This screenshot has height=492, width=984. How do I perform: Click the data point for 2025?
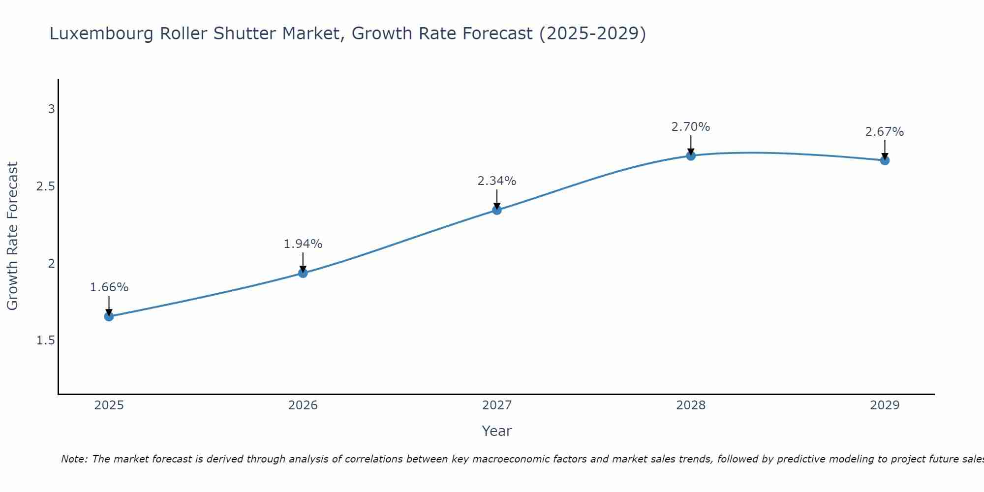(109, 316)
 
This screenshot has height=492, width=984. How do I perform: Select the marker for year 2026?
(303, 273)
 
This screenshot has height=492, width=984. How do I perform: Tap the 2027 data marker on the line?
(497, 210)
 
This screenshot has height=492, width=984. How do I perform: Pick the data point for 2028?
(691, 156)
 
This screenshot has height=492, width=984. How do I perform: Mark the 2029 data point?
(885, 160)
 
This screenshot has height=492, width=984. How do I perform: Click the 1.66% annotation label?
(109, 287)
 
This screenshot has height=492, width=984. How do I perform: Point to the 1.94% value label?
(303, 244)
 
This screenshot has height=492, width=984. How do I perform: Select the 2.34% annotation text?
(497, 181)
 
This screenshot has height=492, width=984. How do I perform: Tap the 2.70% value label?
(691, 127)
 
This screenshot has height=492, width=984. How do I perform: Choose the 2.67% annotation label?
(885, 132)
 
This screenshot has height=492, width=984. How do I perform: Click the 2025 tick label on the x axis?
(109, 405)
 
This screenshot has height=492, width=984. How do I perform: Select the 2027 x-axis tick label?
(497, 405)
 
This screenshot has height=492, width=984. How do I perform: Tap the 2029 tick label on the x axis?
(885, 405)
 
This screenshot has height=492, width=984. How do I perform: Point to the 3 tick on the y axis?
(51, 109)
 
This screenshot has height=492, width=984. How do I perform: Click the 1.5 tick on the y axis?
(45, 340)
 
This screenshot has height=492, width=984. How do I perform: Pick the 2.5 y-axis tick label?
(45, 186)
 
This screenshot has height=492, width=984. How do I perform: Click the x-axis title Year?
(497, 431)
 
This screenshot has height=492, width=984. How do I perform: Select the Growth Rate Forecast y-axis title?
(12, 236)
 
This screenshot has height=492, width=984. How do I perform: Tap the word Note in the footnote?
(74, 459)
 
